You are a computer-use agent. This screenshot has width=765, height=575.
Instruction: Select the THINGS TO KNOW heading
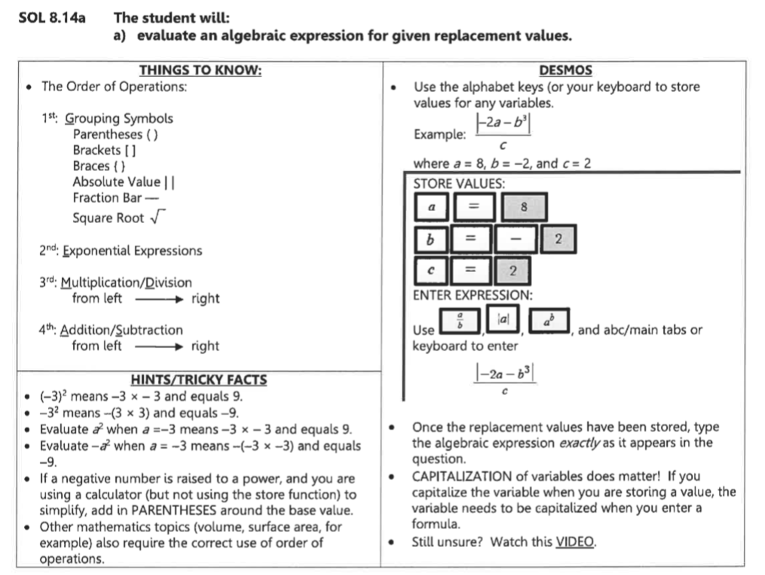coord(200,71)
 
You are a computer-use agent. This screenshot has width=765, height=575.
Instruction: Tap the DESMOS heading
coord(565,71)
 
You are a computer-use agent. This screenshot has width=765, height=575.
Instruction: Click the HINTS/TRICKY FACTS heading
coord(200,381)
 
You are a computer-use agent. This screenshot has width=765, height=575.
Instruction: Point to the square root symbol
coord(156,218)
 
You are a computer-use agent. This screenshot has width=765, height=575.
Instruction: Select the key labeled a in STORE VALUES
coord(431,207)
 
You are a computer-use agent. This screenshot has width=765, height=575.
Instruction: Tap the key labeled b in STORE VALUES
coord(431,240)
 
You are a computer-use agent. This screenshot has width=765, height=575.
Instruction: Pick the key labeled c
coord(431,271)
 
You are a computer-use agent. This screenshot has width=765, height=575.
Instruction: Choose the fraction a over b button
coord(458,322)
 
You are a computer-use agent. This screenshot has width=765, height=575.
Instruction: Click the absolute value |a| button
coord(503,320)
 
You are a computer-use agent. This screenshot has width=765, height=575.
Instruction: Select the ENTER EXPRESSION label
coord(473,295)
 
